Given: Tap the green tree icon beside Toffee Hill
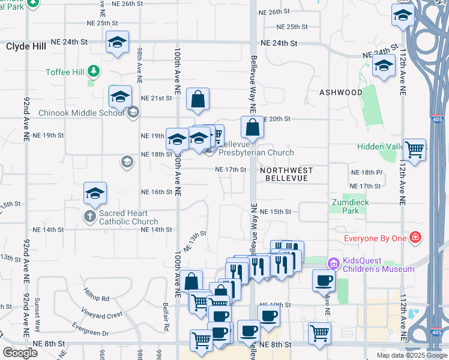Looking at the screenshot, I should point(93,72).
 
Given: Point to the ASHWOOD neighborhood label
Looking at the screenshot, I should point(341,92).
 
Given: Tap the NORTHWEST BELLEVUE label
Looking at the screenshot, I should point(289,175).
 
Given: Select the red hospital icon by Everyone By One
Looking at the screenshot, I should point(414,239).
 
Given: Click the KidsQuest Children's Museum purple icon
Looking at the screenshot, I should point(333,263).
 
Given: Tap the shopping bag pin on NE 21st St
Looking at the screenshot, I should point(197,100).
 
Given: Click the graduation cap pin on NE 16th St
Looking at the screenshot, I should point(95,193).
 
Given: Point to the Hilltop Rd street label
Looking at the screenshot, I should point(97,298).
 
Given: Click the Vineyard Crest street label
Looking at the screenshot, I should point(104,314).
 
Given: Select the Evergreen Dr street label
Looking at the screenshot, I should point(89,332).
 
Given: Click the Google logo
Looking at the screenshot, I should point(20,352).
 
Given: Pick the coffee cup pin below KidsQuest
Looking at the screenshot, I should point(324,280).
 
